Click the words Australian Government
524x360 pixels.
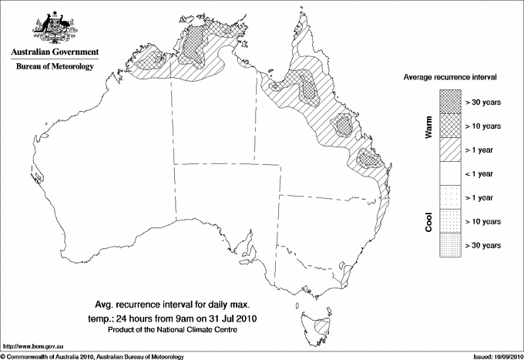tap(55, 52)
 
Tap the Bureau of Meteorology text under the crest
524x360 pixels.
tap(55, 67)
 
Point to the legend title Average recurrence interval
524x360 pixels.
tap(448, 78)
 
